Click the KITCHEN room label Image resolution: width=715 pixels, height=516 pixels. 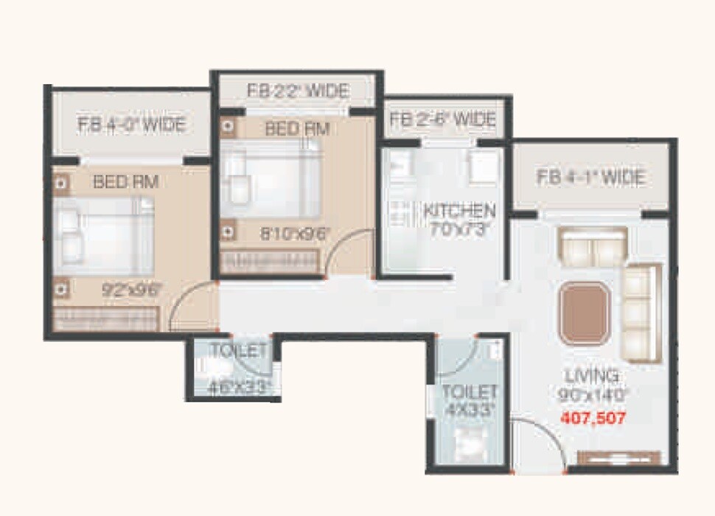point(459,210)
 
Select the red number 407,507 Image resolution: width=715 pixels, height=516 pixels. point(593,418)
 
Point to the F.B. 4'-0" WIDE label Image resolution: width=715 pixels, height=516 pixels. point(132,124)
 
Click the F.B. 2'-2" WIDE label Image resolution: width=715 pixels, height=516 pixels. point(297,91)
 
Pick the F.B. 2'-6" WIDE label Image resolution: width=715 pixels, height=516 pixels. point(442,119)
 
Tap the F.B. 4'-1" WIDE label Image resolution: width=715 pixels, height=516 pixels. point(590,178)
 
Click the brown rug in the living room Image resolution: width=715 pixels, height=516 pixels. point(584,313)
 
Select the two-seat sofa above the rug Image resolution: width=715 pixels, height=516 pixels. point(593,247)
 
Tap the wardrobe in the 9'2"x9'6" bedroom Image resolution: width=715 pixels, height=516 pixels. point(107,319)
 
